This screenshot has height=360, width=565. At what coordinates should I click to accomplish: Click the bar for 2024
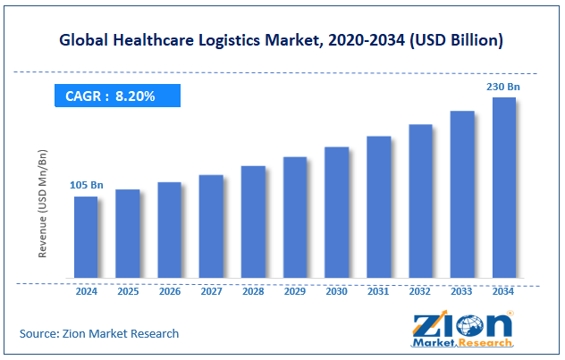tap(86, 237)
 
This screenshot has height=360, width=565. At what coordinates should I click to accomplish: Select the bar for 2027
tap(211, 226)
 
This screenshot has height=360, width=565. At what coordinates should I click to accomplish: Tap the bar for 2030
tap(336, 212)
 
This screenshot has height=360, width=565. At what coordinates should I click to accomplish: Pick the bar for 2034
tap(504, 188)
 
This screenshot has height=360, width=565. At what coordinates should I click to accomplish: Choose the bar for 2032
tap(420, 201)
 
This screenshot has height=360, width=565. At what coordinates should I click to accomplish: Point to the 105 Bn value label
tap(87, 185)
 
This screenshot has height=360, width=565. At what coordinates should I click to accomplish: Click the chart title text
tap(282, 40)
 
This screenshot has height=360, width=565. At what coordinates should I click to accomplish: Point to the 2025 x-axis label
tap(128, 291)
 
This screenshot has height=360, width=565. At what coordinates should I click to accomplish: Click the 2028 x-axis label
tap(253, 291)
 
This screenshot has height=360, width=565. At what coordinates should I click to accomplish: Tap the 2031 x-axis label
tap(378, 291)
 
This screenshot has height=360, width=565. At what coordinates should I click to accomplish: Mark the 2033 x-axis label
tap(462, 291)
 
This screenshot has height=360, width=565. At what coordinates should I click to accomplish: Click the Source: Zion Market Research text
tap(99, 333)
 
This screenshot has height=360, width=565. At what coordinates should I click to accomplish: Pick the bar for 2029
tap(295, 217)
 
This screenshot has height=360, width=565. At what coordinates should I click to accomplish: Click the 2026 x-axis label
tap(170, 291)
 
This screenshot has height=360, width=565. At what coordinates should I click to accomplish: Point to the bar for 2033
tap(462, 194)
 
